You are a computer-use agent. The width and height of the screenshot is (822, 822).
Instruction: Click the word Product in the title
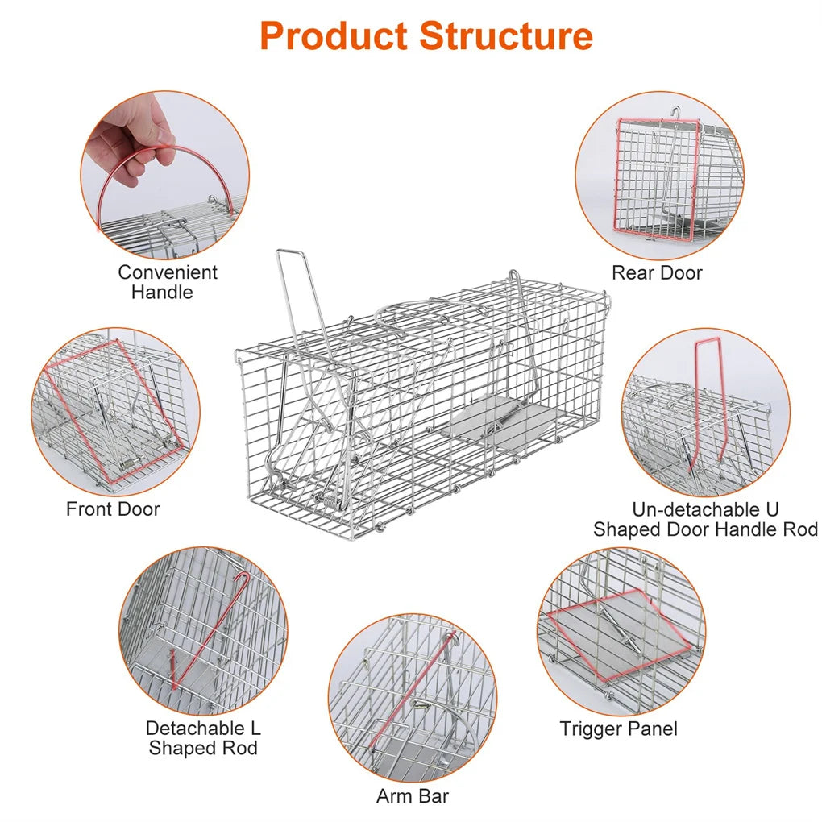pos(334,36)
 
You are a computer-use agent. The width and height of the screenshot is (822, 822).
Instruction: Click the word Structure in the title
pos(506,36)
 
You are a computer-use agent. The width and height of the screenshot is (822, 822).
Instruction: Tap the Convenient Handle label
pos(167,282)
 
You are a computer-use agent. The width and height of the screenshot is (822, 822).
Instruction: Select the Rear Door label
pos(657,272)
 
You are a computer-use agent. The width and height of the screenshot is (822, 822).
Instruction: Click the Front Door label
pos(113,509)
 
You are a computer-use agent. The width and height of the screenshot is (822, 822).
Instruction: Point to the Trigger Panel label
pos(618,729)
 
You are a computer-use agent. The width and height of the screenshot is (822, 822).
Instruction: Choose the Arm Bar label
pos(413,795)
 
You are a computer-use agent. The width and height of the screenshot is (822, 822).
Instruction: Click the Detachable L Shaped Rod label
pos(203,737)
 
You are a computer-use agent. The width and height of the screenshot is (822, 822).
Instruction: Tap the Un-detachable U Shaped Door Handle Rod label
pos(705,519)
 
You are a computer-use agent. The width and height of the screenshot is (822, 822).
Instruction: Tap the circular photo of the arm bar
pos(413,697)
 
